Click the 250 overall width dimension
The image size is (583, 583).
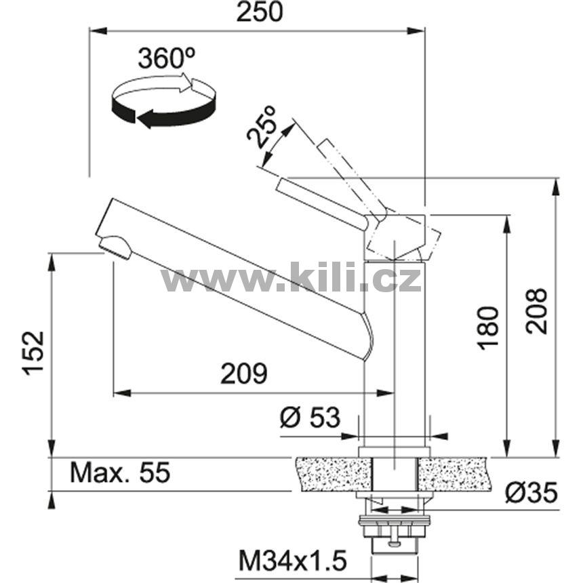coord(260,12)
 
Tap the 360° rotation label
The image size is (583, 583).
coord(167,58)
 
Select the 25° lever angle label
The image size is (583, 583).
coord(262,126)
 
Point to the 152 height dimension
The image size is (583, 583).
coord(33,353)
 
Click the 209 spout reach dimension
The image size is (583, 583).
coord(244,374)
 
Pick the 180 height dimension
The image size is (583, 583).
coord(488,328)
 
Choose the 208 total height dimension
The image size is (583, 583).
coord(537,312)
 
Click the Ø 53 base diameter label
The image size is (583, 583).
coord(310,417)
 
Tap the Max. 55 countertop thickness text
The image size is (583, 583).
coord(120,473)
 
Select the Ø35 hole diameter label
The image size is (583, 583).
coord(531,493)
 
